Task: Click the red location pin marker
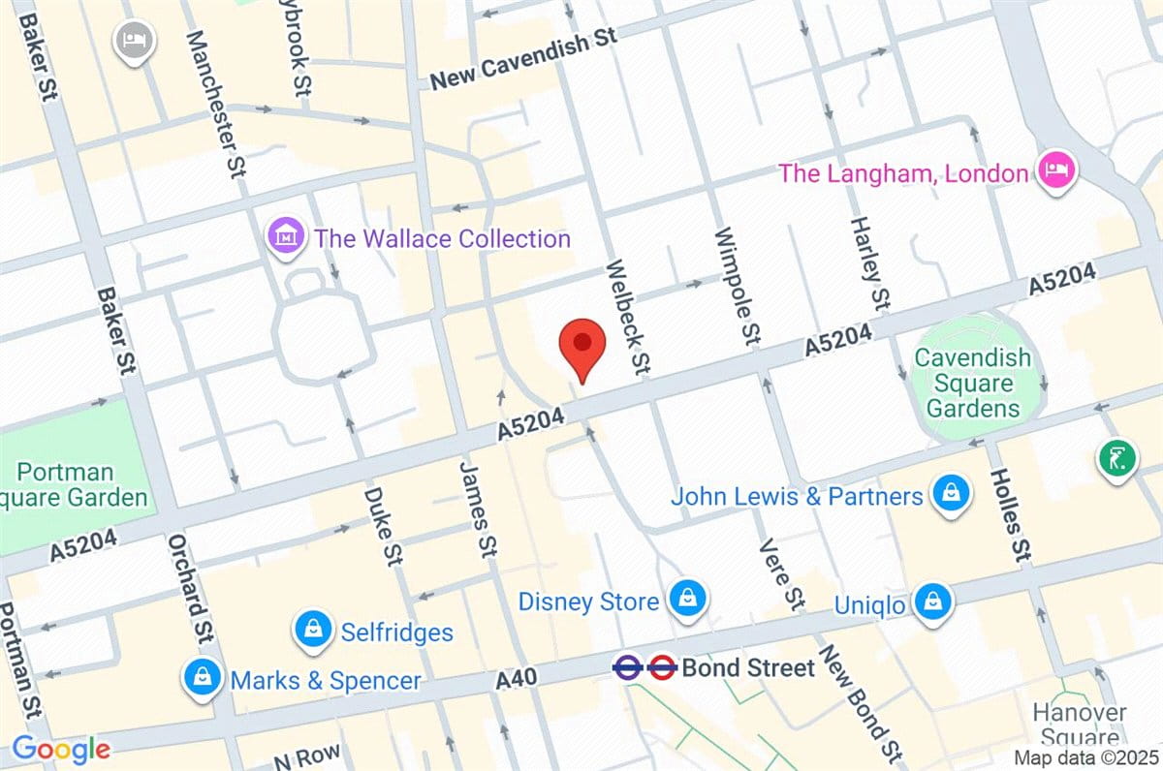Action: [x=582, y=346]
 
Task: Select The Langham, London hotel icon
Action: [x=1054, y=172]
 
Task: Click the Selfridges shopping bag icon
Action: [x=314, y=631]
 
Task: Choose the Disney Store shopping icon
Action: [x=687, y=600]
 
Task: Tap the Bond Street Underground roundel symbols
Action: [x=644, y=666]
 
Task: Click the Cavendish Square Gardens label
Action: [x=973, y=384]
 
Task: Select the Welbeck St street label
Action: [x=627, y=317]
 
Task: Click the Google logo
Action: [x=60, y=749]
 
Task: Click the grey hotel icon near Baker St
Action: [x=131, y=41]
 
